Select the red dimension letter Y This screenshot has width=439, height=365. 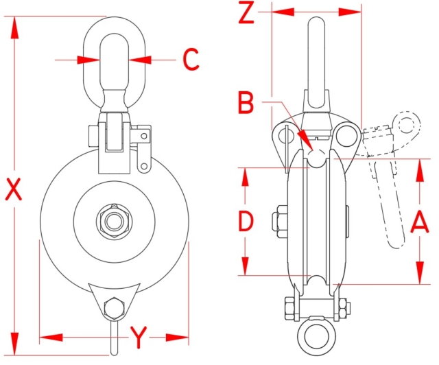tap(139, 337)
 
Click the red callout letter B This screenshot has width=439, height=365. tap(246, 104)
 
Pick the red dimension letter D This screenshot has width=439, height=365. tap(246, 221)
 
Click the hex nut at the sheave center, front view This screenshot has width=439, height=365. tap(114, 221)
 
